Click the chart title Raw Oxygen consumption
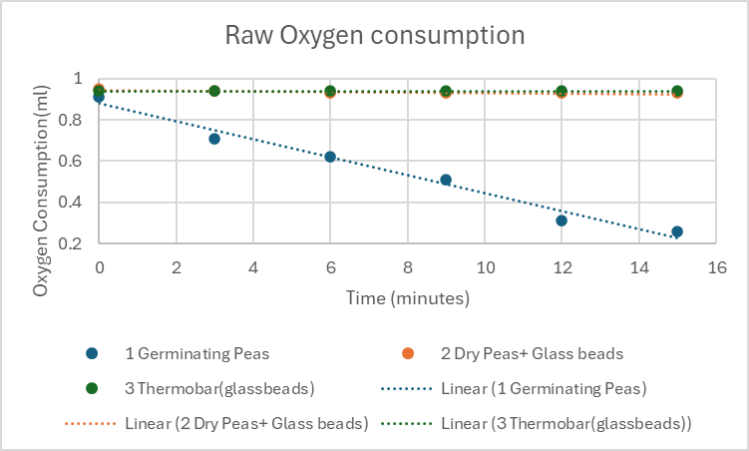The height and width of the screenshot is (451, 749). pos(374,36)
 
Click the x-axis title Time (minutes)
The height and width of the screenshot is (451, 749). pos(408,297)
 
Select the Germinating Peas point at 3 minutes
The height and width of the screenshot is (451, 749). pos(214,139)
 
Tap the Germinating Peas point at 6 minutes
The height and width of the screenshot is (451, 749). pos(330,157)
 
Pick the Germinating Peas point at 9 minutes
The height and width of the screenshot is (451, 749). pos(446,181)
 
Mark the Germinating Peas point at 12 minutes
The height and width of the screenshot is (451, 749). pos(562,221)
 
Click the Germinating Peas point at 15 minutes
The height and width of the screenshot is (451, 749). pos(677,231)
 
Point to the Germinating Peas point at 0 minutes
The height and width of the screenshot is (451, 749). pos(99,97)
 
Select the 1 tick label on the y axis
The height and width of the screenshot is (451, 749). pos(79,79)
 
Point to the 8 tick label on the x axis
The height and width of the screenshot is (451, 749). pos(407,267)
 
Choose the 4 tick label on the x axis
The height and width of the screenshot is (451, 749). pos(252,267)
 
